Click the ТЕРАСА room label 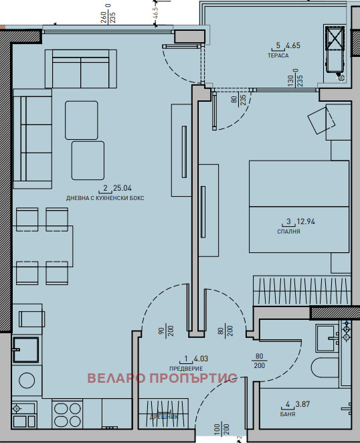278,56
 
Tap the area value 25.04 122,188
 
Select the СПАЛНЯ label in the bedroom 288,232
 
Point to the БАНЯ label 288,414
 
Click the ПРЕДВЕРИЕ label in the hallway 186,369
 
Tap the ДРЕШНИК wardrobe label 164,417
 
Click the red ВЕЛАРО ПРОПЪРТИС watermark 162,378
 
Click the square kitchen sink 25,350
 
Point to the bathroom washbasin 327,338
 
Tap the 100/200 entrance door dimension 221,430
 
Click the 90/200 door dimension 166,331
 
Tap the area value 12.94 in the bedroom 306,221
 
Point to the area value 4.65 292,46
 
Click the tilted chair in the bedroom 321,120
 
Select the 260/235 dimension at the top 108,14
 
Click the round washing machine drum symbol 27,380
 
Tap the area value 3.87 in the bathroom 302,404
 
